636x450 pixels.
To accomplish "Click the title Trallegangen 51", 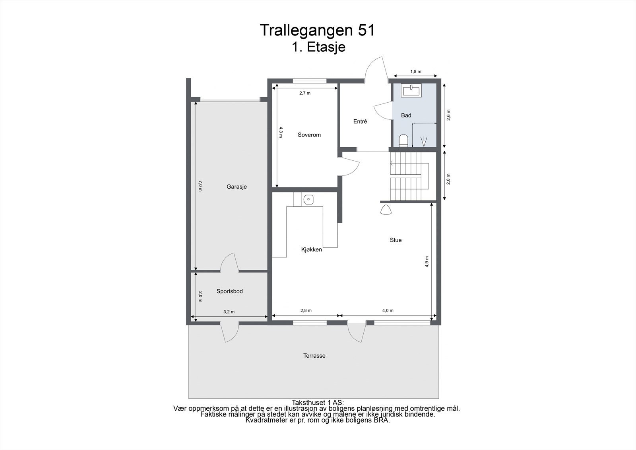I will (x=317, y=30).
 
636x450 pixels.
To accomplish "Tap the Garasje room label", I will (x=237, y=187).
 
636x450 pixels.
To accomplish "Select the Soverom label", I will (x=309, y=135).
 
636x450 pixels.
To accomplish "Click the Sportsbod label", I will (x=229, y=291).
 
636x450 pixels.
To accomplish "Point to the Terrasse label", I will (x=314, y=356).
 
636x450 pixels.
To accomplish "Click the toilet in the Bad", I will (x=403, y=140).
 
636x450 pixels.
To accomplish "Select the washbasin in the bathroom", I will (x=411, y=91).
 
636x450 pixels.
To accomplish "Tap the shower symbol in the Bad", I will (x=424, y=141).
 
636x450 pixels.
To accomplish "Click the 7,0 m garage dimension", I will (x=200, y=186).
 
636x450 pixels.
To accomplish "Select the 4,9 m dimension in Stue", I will (x=427, y=261).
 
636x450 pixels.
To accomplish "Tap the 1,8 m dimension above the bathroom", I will (x=415, y=72).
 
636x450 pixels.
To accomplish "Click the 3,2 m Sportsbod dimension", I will (x=229, y=312).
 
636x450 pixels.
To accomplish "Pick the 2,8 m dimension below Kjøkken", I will (x=306, y=310).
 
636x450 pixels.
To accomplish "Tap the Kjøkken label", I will (x=311, y=249).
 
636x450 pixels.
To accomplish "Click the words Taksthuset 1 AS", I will (x=318, y=403).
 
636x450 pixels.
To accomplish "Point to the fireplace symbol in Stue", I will (x=386, y=210).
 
